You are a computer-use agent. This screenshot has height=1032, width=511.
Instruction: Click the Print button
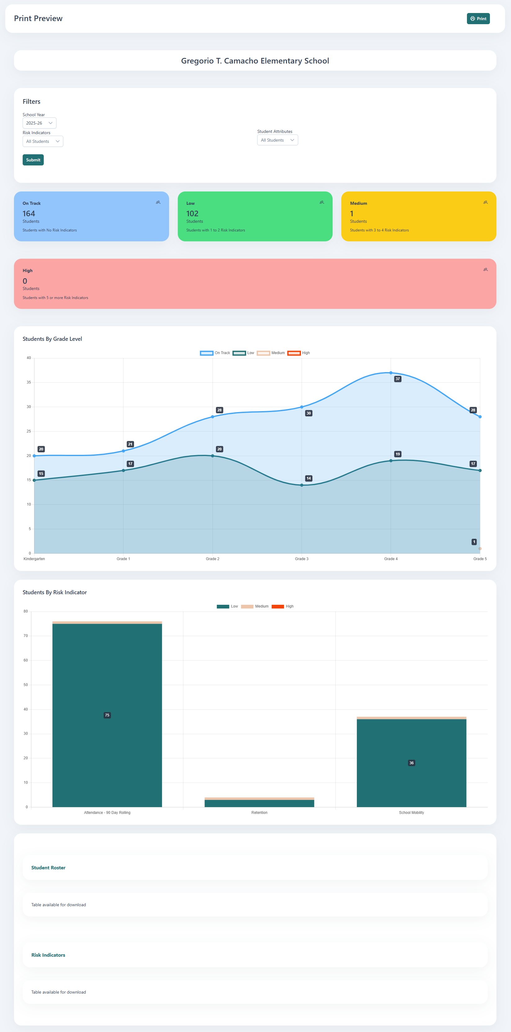[x=478, y=18]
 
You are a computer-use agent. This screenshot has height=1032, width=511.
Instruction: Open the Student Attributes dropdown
[x=277, y=140]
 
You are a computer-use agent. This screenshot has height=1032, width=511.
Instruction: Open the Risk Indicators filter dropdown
[x=43, y=141]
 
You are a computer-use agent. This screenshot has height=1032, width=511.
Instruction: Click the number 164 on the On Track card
[x=29, y=213]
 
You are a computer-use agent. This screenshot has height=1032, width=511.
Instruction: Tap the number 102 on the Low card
[x=192, y=213]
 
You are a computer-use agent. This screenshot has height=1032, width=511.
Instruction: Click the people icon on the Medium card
[x=485, y=202]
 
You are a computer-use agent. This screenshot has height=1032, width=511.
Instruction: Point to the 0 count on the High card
[x=25, y=281]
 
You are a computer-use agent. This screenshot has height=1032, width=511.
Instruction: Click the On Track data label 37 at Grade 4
[x=397, y=379]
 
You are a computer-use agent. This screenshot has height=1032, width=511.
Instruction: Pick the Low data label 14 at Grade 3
[x=308, y=478]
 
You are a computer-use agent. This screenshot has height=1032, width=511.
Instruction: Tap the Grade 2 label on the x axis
[x=213, y=559]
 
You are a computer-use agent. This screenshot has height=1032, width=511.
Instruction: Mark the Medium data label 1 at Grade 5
[x=474, y=542]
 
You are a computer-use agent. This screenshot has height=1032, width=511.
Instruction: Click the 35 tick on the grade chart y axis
[x=29, y=382]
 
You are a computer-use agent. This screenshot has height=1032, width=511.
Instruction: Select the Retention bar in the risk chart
[x=259, y=803]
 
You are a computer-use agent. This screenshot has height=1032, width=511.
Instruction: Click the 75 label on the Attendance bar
[x=107, y=715]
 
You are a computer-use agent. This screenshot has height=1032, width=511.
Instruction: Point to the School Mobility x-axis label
[x=411, y=812]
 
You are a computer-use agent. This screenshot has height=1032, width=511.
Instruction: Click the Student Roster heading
[x=48, y=867]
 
